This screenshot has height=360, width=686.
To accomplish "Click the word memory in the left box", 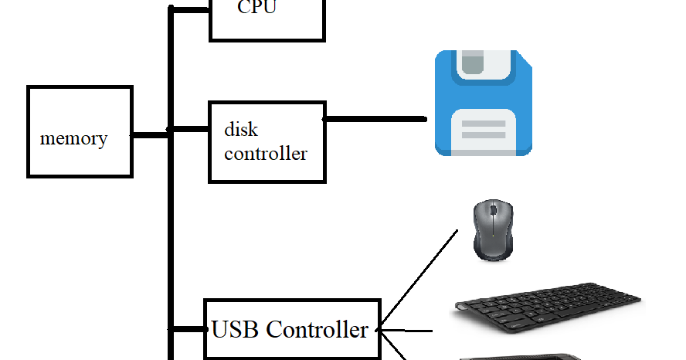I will [73, 139].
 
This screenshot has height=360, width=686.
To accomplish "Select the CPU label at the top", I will [256, 8].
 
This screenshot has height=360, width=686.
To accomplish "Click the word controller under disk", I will [265, 153].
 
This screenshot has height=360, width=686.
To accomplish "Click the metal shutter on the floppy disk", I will [484, 65].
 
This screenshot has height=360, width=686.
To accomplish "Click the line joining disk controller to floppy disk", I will [375, 119].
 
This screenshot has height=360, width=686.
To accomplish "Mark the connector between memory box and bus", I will [150, 136].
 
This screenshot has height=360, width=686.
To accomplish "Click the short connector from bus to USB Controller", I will [187, 329].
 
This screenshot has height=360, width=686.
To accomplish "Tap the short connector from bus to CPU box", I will [190, 9].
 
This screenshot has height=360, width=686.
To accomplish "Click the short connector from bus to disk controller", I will [190, 128].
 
